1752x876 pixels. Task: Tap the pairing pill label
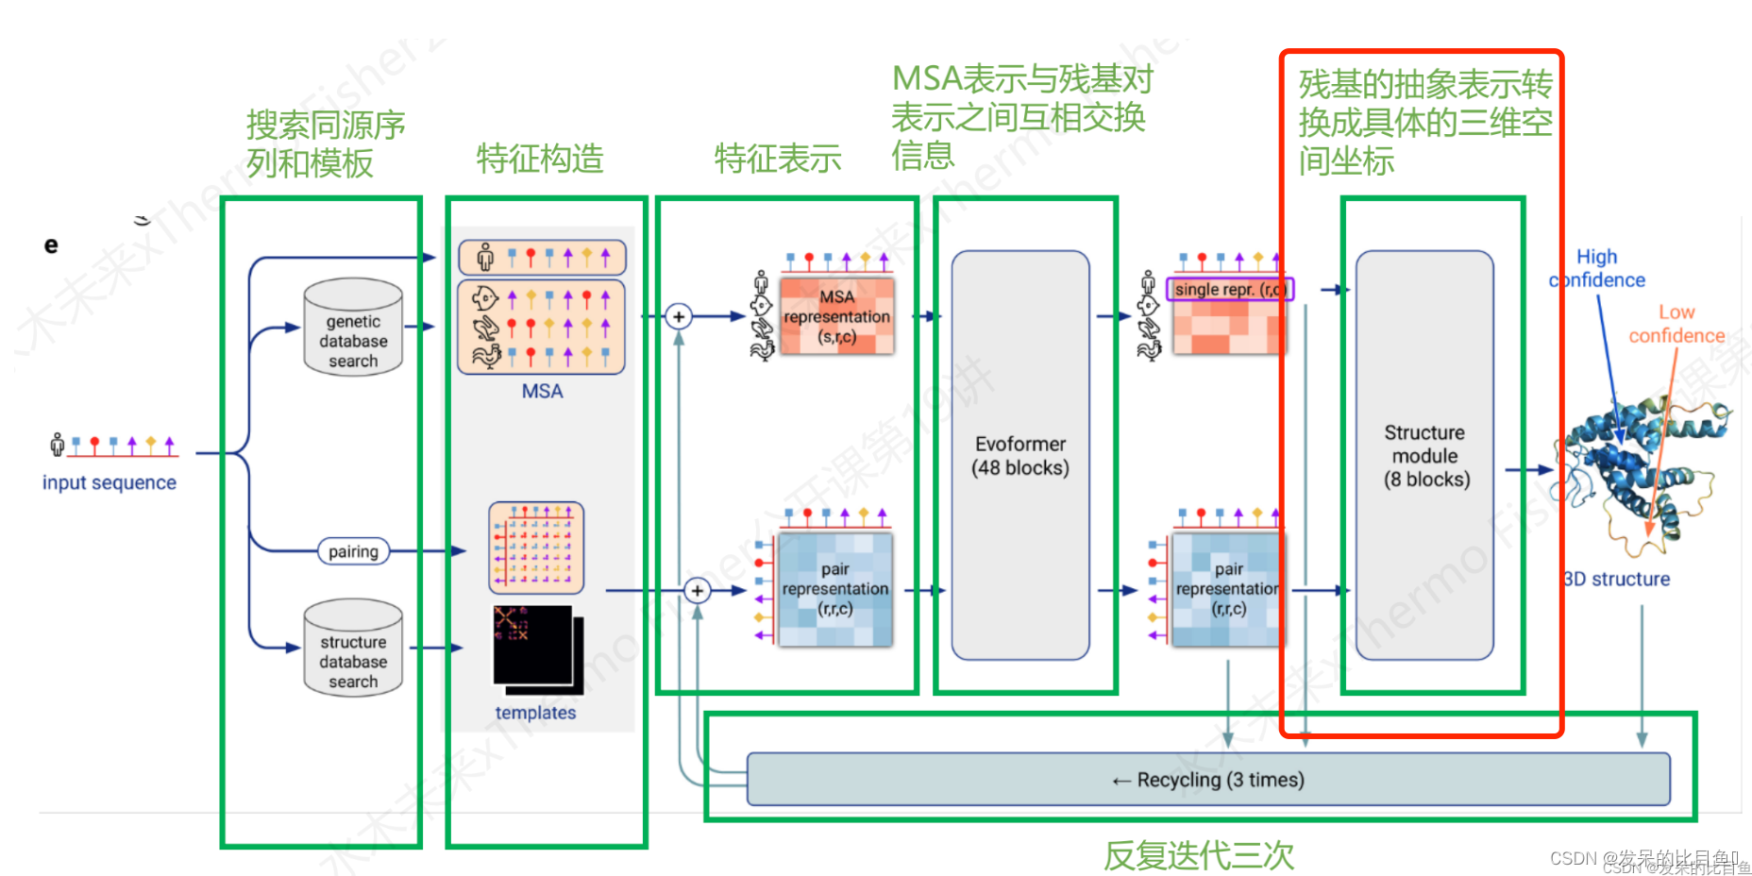(353, 551)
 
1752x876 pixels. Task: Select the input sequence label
(109, 482)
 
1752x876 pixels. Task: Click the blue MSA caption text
(542, 391)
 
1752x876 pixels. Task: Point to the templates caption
(535, 713)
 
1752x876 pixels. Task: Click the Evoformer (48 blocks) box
(1020, 455)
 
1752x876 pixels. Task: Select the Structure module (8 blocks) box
(1425, 455)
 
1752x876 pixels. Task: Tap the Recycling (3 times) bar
(1208, 780)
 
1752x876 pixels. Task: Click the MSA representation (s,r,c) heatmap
(836, 316)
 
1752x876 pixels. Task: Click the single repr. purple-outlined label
(1229, 289)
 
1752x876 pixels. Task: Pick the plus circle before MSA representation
(678, 316)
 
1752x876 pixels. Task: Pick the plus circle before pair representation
(697, 591)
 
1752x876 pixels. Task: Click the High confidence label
(1597, 268)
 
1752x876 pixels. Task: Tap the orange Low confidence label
(1676, 324)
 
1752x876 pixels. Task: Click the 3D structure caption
(1617, 579)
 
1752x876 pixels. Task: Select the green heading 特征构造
(540, 159)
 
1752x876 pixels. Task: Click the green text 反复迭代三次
(1199, 855)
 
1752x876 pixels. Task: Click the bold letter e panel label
(51, 245)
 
